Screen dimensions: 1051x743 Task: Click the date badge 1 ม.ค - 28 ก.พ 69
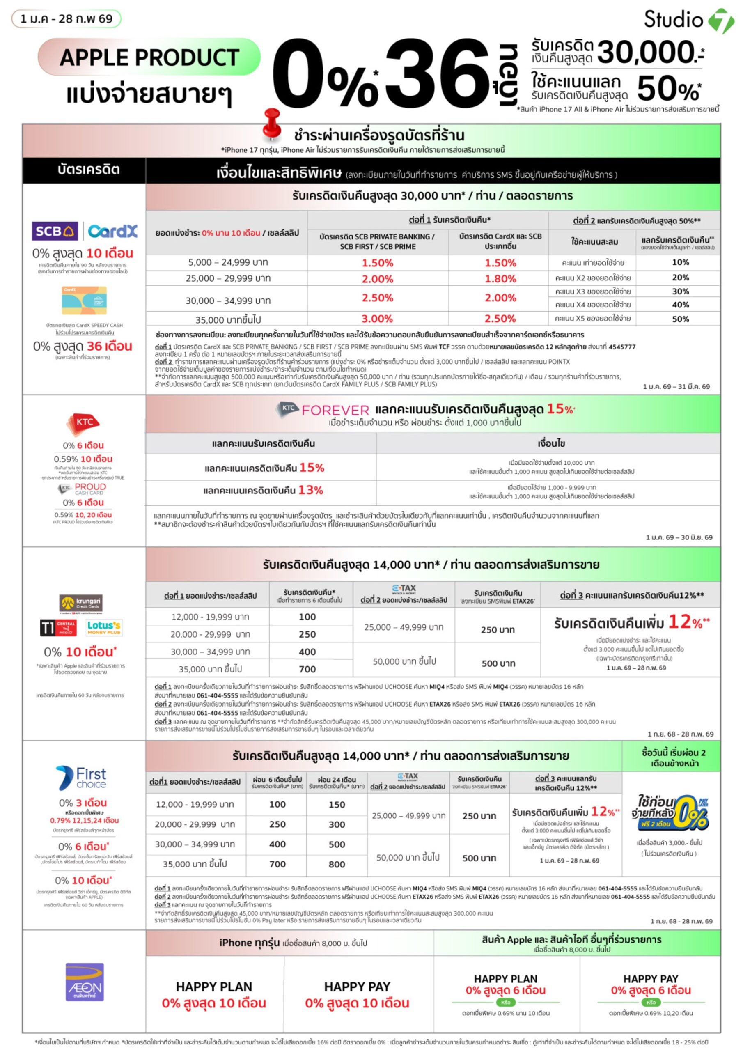pos(67,19)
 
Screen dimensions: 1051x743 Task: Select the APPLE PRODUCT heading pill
pos(149,57)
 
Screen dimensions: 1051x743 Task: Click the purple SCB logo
pos(55,231)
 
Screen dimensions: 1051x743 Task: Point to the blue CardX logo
pos(112,231)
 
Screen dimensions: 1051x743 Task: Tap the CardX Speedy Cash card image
pos(84,300)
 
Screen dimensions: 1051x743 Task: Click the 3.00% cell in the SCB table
pos(377,319)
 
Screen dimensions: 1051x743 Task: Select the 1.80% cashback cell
pos(500,279)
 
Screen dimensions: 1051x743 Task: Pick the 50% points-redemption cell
pos(680,319)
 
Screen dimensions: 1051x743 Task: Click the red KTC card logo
pos(83,423)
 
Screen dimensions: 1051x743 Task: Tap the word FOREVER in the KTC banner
pos(335,410)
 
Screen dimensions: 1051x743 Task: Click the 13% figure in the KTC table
pos(310,490)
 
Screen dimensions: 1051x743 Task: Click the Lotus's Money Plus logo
pos(104,627)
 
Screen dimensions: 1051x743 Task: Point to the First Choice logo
pos(81,778)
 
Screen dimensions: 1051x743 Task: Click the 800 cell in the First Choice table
pos(337,864)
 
